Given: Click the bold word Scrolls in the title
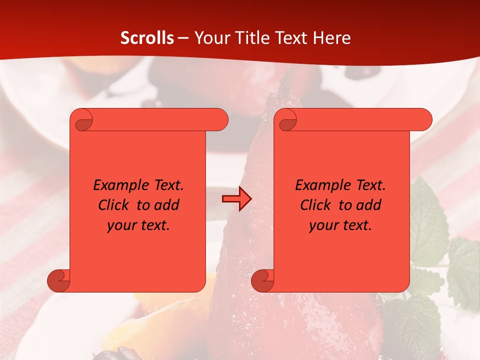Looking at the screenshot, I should click(x=147, y=38).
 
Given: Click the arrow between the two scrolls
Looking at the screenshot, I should click(x=236, y=199).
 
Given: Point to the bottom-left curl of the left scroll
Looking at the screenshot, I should click(x=59, y=280).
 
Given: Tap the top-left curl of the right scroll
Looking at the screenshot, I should click(x=287, y=120).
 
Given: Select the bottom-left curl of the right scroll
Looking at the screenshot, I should click(x=263, y=280).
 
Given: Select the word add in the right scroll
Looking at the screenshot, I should click(x=369, y=205).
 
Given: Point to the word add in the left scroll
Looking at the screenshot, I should click(x=167, y=205).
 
